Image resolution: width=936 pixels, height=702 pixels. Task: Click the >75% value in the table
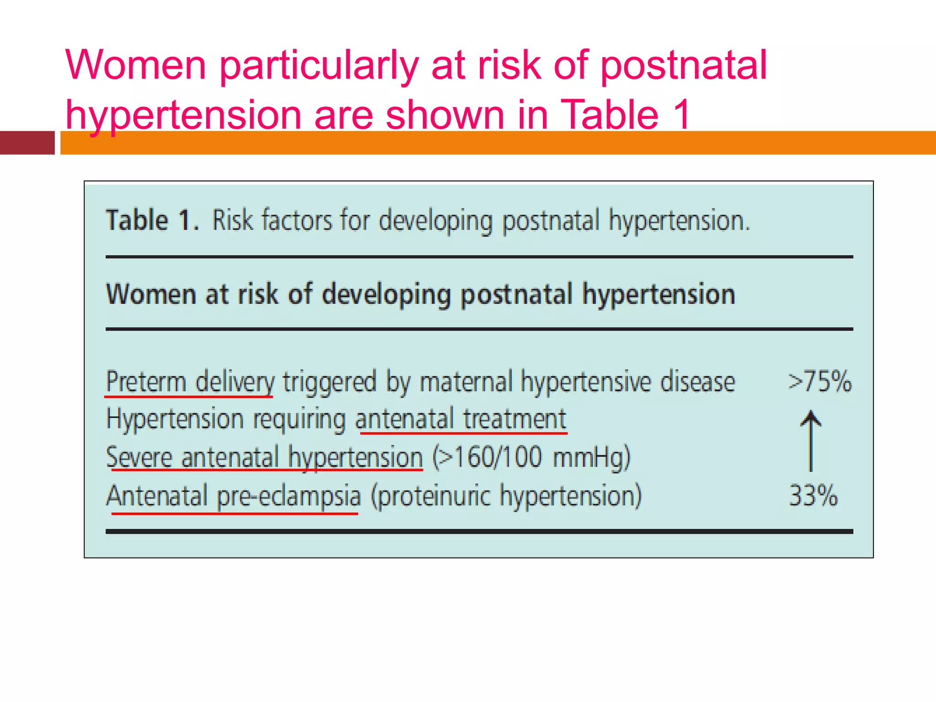click(x=820, y=381)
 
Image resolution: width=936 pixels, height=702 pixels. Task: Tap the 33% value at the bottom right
click(x=814, y=495)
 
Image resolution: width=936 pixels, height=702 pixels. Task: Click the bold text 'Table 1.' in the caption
click(x=153, y=220)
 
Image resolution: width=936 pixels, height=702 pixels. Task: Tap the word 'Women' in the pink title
click(x=136, y=65)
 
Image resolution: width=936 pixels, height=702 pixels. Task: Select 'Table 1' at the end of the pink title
click(x=625, y=114)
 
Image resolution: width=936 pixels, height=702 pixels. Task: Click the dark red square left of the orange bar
click(x=27, y=143)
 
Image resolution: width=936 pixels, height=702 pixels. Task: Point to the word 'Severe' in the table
click(x=139, y=457)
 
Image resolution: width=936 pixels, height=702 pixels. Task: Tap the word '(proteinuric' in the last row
click(x=431, y=496)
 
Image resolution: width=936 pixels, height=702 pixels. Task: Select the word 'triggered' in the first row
click(x=329, y=382)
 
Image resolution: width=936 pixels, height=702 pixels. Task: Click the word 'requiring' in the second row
click(x=299, y=420)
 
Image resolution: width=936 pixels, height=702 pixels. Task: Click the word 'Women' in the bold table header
click(x=151, y=293)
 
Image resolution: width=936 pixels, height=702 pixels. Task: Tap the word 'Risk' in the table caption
click(x=232, y=220)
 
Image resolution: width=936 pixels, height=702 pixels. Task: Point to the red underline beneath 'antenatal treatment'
click(x=463, y=432)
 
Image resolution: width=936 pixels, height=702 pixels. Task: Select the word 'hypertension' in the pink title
click(x=183, y=115)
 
